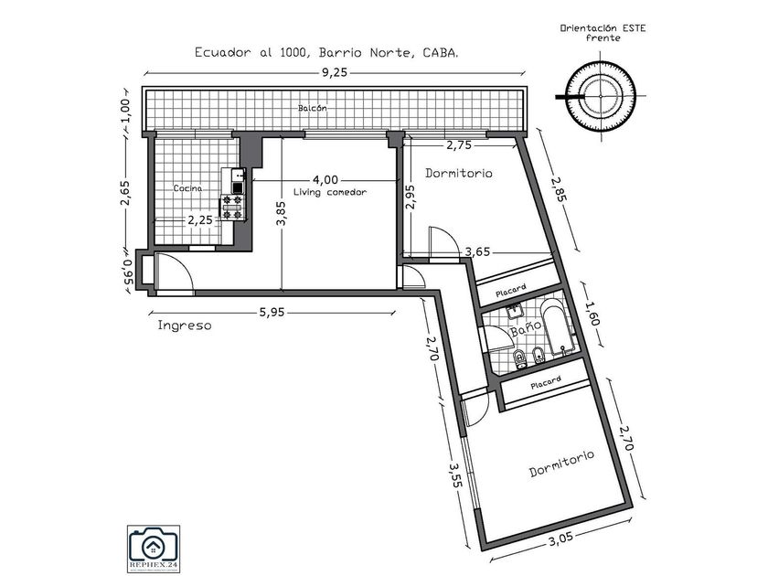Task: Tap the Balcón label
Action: coord(312,109)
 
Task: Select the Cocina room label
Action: coord(189,188)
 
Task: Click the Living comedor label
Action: coord(330,192)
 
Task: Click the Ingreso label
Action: coord(185,325)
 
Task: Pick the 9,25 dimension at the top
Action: coord(336,74)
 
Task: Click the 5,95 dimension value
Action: coord(272,313)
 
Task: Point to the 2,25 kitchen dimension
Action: coord(200,219)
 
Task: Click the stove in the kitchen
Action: coord(232,208)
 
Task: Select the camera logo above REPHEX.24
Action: coord(154,546)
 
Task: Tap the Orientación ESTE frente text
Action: coord(603,33)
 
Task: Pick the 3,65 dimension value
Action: coord(480,251)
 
